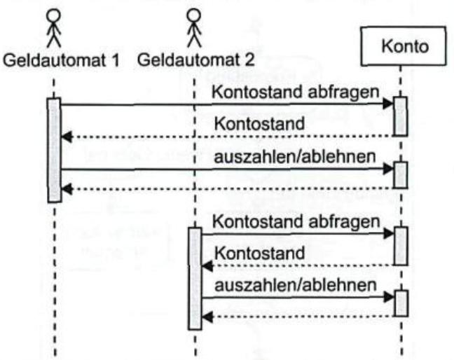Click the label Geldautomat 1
pos(61,60)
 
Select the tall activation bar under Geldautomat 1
pos(54,150)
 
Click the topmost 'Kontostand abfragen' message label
pos(298,92)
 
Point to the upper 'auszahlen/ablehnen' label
pos(298,156)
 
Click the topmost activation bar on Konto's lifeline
pos(400,116)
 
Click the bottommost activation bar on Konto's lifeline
pos(400,303)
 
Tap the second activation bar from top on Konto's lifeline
pos(400,175)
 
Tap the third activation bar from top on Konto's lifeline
pos(400,245)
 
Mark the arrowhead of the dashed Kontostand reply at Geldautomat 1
pos(66,136)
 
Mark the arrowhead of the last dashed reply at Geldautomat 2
pos(207,317)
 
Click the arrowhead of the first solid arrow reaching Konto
pos(389,104)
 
